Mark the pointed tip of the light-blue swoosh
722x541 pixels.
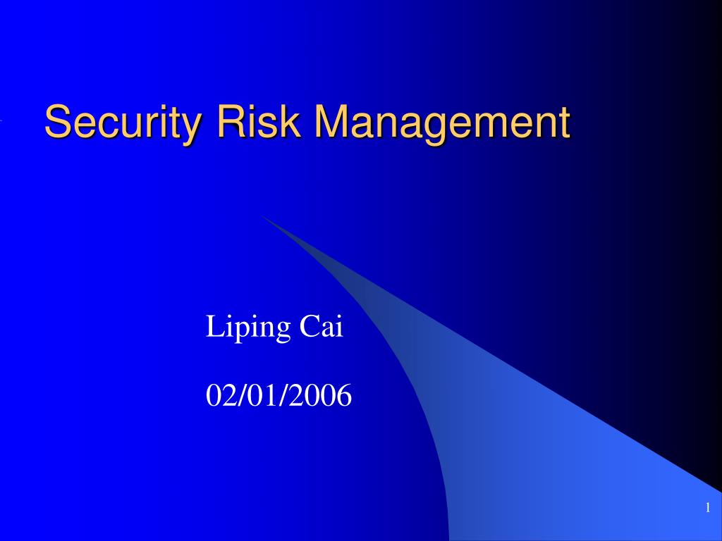(262, 216)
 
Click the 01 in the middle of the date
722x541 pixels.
(262, 397)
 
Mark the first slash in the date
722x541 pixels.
(238, 397)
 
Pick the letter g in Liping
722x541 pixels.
(283, 331)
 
